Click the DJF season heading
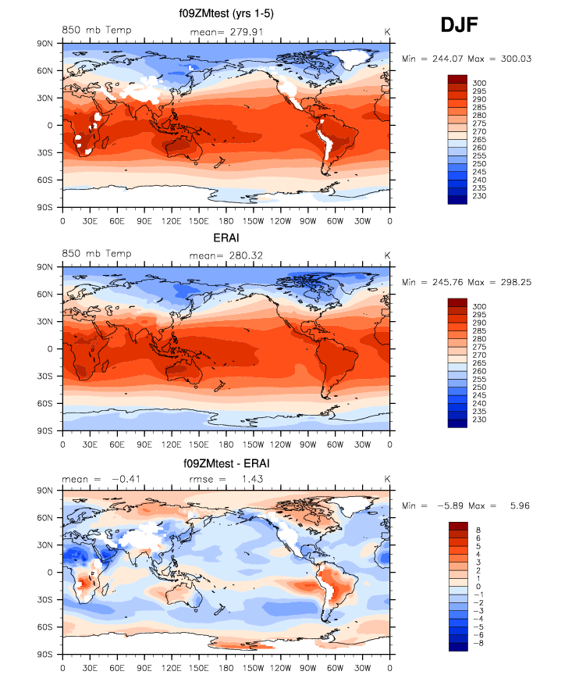(459, 26)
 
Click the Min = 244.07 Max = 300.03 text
(466, 59)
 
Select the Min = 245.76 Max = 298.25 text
(466, 281)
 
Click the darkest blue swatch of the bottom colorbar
(459, 645)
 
